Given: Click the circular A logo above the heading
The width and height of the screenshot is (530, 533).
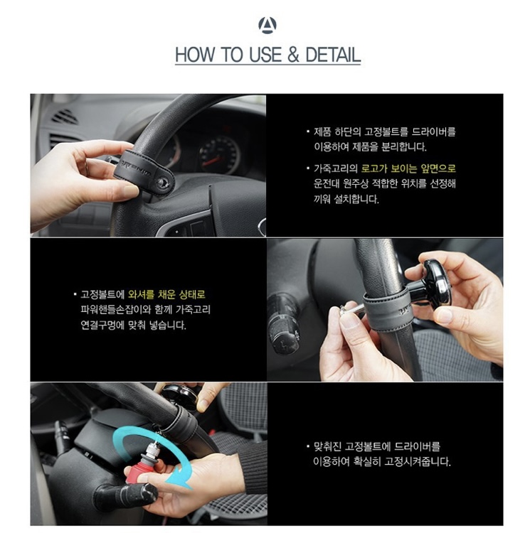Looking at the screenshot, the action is coord(267,25).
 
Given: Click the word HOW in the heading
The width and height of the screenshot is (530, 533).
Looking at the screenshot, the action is coord(195,55).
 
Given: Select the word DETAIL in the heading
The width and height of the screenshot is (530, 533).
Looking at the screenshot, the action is coord(333,55).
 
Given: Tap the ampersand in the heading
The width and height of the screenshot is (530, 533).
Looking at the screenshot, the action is coord(293,55).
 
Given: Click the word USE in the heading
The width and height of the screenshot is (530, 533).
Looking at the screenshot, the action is coord(265,55).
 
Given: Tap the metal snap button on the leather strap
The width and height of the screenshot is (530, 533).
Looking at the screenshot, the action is coord(163,183).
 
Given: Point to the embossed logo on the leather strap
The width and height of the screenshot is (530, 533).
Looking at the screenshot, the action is coord(137,167).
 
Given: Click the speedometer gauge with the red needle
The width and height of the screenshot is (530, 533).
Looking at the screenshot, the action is coord(218,154).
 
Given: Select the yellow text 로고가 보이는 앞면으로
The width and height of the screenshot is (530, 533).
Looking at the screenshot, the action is coord(408,168).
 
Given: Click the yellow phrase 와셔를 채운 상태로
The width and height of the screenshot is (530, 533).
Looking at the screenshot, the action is coord(166,294).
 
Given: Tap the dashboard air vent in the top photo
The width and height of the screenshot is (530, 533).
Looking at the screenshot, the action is coord(64,117).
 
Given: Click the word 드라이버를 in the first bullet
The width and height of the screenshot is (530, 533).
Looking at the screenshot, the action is coord(433,132).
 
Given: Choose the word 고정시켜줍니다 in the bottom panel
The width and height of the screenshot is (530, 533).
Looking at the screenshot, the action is coord(418,461).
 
